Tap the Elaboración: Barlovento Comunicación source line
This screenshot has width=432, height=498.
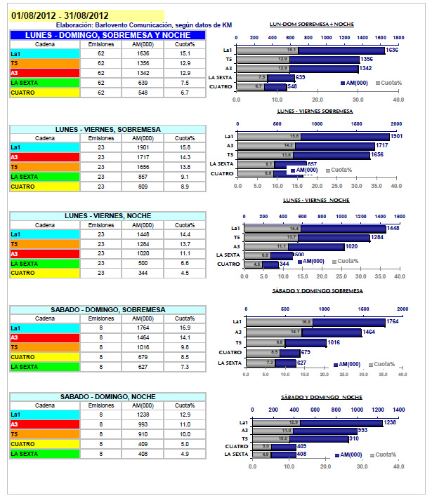[x=143, y=25]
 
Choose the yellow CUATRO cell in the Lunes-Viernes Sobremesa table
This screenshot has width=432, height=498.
[x=44, y=187]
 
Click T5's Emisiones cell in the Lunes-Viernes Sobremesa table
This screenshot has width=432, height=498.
[x=101, y=168]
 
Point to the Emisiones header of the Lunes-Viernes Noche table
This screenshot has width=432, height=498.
[x=101, y=225]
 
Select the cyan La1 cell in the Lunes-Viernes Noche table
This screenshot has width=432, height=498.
[x=44, y=234]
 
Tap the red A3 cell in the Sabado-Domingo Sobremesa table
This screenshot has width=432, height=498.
[x=44, y=337]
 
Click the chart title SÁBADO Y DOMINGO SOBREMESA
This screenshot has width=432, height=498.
[x=317, y=290]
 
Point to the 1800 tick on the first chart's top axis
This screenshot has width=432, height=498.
[x=398, y=36]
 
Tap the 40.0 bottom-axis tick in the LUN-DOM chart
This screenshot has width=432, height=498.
[x=398, y=100]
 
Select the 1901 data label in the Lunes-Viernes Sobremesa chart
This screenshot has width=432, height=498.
[x=397, y=136]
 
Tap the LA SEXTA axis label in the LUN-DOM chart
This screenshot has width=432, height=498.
[x=221, y=77]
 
